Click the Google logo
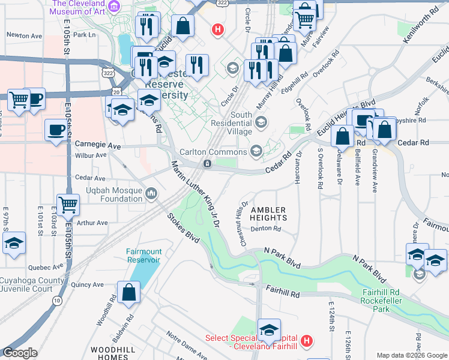pyautogui.click(x=20, y=353)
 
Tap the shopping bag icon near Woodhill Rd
pyautogui.click(x=130, y=293)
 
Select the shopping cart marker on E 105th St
pyautogui.click(x=68, y=204)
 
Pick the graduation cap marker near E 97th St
pyautogui.click(x=14, y=243)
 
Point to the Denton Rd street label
pyautogui.click(x=267, y=229)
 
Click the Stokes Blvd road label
pyautogui.click(x=183, y=230)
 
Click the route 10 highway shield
pyautogui.click(x=57, y=299)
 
